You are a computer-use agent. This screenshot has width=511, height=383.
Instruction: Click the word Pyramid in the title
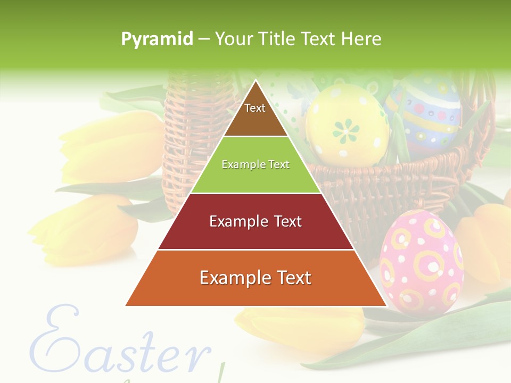157,39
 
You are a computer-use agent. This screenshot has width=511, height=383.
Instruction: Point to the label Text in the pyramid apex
255,108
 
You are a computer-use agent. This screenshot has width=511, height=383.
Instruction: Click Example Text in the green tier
256,164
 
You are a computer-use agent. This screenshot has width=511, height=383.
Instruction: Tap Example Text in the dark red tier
256,221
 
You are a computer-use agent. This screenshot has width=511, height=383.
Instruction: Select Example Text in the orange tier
256,278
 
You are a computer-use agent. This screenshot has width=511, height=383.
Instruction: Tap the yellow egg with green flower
347,123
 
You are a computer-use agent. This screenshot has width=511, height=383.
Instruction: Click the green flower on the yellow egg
347,130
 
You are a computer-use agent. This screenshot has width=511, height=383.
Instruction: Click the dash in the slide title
204,39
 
